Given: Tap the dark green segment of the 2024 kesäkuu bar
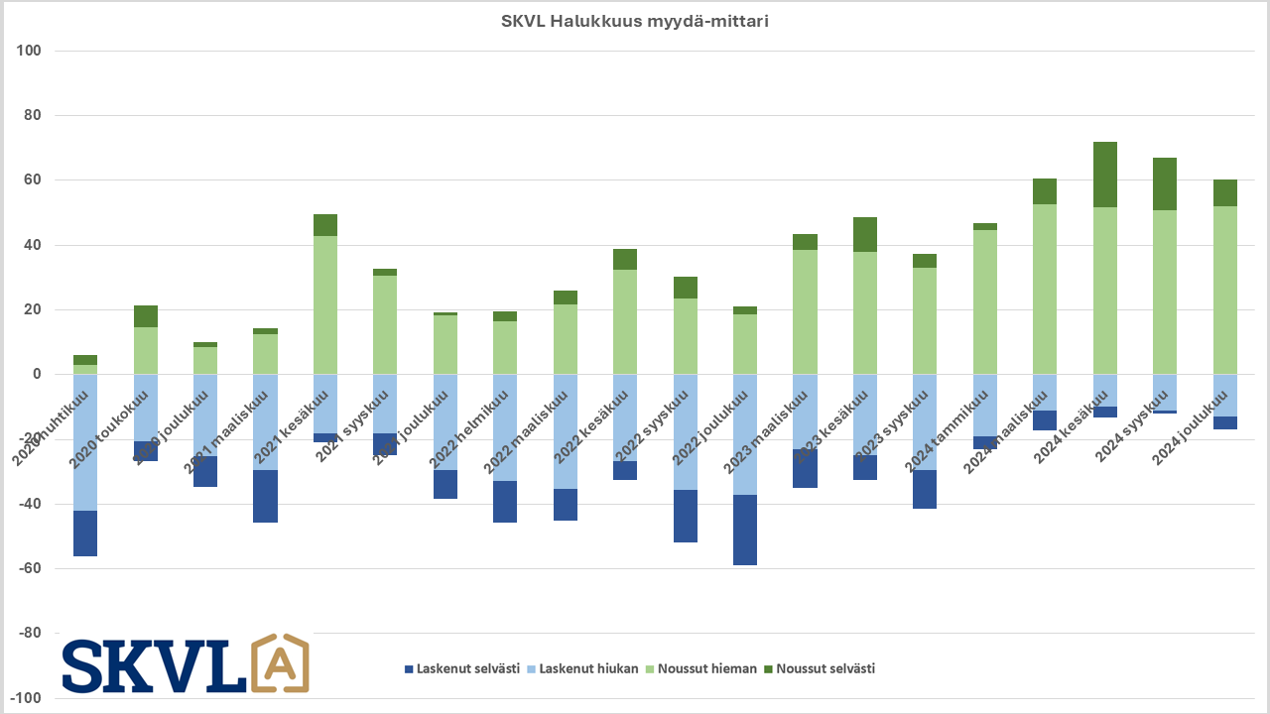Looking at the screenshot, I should click(x=1105, y=175).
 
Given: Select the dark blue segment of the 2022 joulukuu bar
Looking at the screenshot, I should click(x=745, y=530).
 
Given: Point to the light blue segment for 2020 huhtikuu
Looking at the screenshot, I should click(x=85, y=442).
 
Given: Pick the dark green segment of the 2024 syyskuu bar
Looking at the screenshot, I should click(x=1165, y=183).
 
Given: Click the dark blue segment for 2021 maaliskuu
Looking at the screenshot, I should click(x=265, y=496).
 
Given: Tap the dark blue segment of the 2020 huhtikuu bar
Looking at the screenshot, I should click(x=85, y=534).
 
